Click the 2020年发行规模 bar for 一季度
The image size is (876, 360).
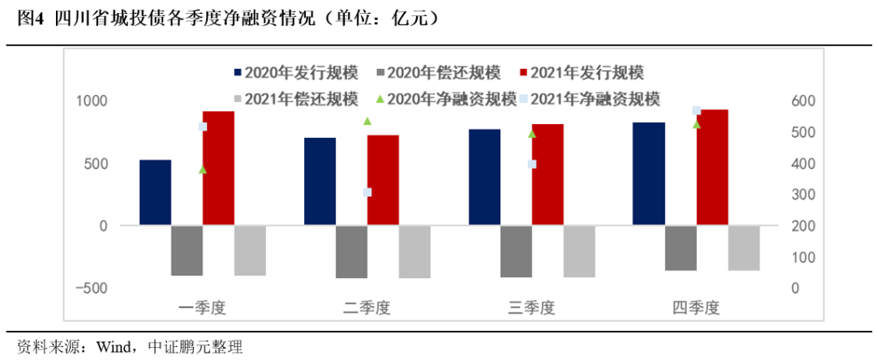pyautogui.click(x=155, y=192)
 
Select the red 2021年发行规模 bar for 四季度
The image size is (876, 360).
pyautogui.click(x=712, y=167)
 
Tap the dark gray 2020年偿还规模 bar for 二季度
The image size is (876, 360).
pyautogui.click(x=351, y=251)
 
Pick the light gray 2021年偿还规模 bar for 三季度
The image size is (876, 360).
pyautogui.click(x=579, y=251)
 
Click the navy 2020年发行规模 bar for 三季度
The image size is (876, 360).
pyautogui.click(x=484, y=177)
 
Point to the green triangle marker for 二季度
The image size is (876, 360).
pyautogui.click(x=367, y=121)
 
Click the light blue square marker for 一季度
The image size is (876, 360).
pyautogui.click(x=203, y=126)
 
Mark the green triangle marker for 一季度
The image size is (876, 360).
pyautogui.click(x=203, y=169)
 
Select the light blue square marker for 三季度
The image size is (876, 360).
pyautogui.click(x=532, y=164)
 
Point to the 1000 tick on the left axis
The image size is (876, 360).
pyautogui.click(x=92, y=101)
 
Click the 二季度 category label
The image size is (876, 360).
pyautogui.click(x=367, y=308)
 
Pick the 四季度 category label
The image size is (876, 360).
pyautogui.click(x=696, y=308)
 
